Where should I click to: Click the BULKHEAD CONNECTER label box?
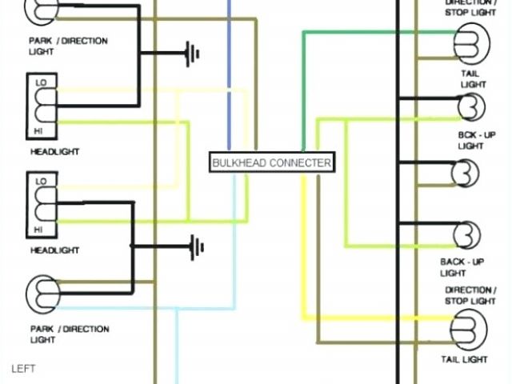[271, 163]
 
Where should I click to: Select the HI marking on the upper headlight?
[38, 130]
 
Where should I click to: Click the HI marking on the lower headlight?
[38, 230]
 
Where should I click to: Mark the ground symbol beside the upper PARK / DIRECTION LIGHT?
[191, 54]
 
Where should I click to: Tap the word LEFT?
[24, 369]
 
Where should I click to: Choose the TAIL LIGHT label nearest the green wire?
[474, 78]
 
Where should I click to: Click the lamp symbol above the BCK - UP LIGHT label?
[470, 106]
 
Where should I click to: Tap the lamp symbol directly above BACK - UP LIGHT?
[466, 236]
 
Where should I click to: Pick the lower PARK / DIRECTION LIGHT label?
[69, 334]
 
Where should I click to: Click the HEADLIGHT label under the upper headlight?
[54, 151]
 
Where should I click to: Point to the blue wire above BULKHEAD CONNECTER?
[230, 80]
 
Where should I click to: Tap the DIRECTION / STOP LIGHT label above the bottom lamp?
[470, 295]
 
